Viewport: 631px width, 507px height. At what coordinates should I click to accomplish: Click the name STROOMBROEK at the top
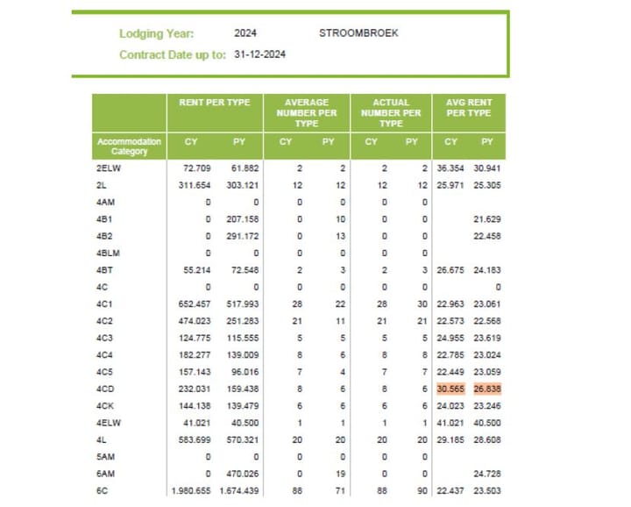click(x=358, y=33)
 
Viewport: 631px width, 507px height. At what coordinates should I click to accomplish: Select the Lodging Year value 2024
click(x=245, y=33)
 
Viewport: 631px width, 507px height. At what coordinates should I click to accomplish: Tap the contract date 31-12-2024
click(x=260, y=54)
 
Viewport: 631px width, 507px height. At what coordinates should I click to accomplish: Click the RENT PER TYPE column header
click(x=215, y=103)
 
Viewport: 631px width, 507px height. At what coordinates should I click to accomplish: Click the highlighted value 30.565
click(x=450, y=389)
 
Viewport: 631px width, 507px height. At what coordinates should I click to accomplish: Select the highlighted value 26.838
click(x=486, y=389)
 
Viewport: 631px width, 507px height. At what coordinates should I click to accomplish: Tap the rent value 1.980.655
click(x=191, y=490)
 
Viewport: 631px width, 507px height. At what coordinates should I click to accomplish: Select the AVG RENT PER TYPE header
click(x=468, y=108)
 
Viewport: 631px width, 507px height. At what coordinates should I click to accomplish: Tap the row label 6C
click(x=103, y=490)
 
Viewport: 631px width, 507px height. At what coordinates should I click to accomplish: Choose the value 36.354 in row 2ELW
click(x=450, y=168)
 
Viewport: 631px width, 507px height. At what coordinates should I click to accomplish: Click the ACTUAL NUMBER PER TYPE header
click(x=391, y=112)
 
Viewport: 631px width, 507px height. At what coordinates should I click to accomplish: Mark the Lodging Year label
click(x=156, y=34)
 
